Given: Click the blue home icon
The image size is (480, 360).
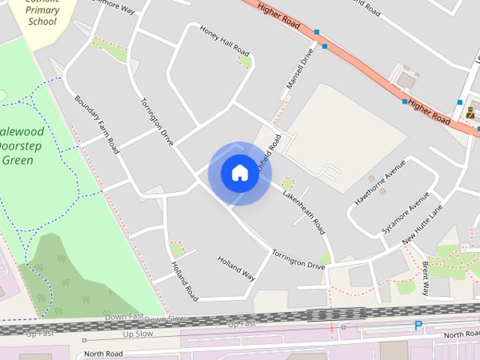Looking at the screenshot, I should click(x=239, y=172).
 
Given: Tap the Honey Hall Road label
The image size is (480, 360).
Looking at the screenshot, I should click(x=223, y=40).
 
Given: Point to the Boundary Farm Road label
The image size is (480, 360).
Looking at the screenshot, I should click(x=97, y=124).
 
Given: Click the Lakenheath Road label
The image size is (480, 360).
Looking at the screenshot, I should click(x=303, y=211).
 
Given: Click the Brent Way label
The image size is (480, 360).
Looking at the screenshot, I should click(x=425, y=278).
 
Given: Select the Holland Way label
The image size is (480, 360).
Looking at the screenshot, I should click(x=236, y=268).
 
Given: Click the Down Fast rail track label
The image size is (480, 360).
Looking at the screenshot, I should click(x=124, y=316).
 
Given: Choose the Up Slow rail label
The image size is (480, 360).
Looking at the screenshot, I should click(x=137, y=333).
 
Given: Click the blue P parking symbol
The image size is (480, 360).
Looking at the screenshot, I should click(x=418, y=325).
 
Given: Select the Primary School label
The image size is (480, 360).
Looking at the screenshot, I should click(x=42, y=16).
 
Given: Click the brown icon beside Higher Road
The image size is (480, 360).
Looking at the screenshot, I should click(x=470, y=113).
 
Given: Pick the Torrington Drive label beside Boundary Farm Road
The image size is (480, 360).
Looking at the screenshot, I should click(x=157, y=121).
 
